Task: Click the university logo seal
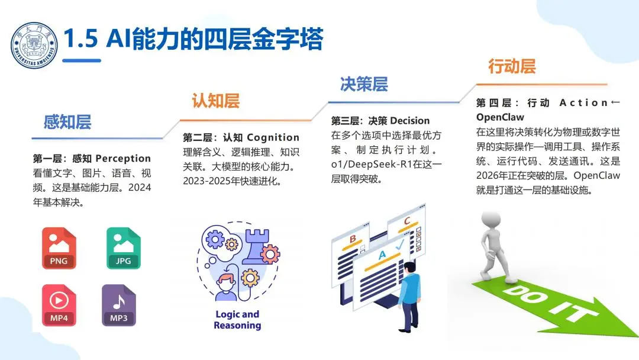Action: [34, 45]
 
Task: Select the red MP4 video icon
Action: [59, 306]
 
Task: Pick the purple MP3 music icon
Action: [119, 306]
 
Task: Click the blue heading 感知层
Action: [67, 123]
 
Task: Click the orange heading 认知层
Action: [215, 101]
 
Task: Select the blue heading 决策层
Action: [364, 84]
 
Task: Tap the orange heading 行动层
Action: [512, 66]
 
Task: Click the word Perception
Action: [123, 159]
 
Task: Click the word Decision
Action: [409, 121]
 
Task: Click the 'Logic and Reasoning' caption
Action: [237, 320]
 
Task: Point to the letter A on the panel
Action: [381, 255]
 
